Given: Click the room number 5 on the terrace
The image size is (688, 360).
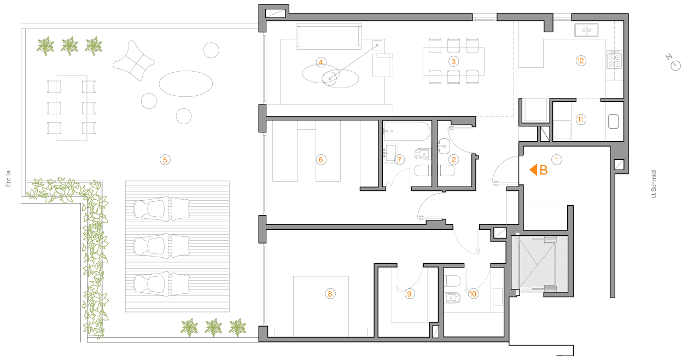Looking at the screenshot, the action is click(x=165, y=160).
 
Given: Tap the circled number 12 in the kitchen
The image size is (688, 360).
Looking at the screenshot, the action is click(x=580, y=61).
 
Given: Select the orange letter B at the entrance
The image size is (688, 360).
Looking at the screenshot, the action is click(x=543, y=170).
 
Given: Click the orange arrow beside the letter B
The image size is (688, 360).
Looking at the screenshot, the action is click(x=533, y=170).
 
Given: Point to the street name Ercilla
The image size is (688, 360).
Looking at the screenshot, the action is click(x=8, y=178).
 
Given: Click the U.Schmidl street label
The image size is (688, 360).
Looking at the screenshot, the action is click(x=654, y=184).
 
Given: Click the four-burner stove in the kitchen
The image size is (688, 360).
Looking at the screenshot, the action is click(x=614, y=60).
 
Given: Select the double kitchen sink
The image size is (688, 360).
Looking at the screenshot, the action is click(x=586, y=30).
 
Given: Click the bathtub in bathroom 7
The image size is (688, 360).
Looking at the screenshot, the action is click(x=407, y=131).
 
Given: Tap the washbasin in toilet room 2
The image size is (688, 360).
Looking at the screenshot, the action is click(x=444, y=146).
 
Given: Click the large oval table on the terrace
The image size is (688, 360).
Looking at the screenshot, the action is click(x=186, y=84).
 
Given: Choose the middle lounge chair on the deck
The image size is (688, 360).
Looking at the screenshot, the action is click(x=161, y=246).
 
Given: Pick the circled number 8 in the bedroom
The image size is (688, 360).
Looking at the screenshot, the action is click(x=330, y=294).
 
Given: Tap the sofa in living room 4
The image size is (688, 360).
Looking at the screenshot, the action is click(x=329, y=37).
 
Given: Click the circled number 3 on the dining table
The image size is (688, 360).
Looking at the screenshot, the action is click(x=453, y=61).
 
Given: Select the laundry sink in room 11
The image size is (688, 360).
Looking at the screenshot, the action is click(x=614, y=121).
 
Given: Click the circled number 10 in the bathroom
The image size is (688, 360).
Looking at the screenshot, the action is click(x=473, y=294).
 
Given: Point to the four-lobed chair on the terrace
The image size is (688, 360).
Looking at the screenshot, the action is click(x=133, y=61).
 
